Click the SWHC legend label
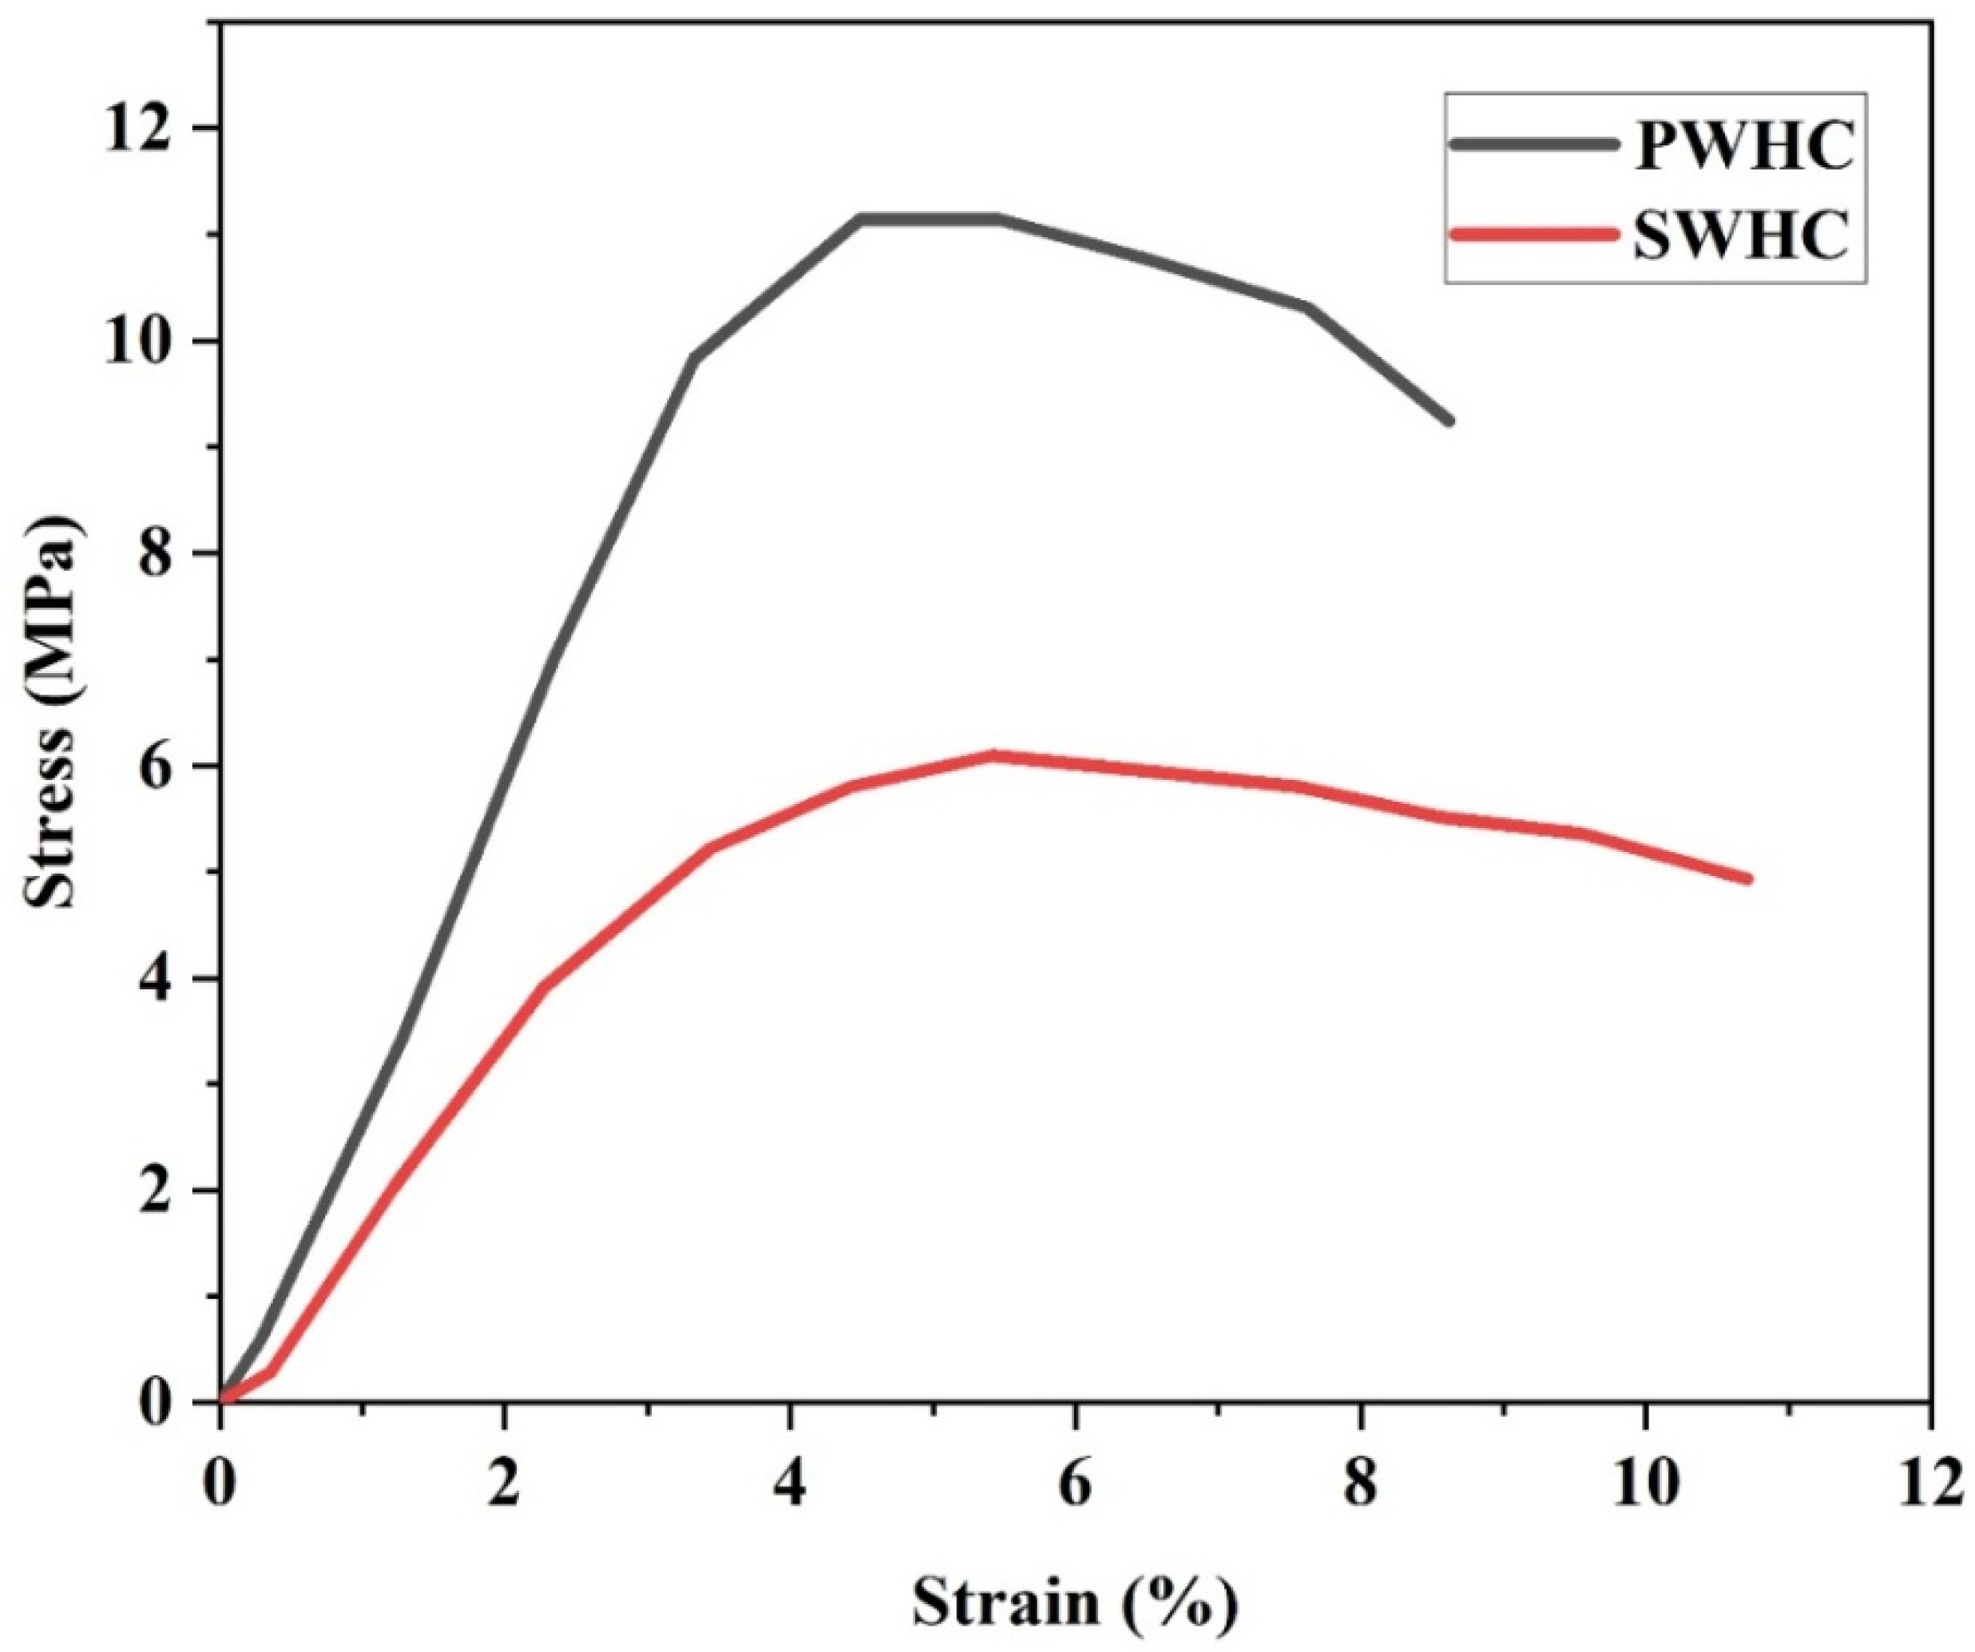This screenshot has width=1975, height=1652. tap(1740, 235)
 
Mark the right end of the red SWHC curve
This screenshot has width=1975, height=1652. tap(1747, 879)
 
